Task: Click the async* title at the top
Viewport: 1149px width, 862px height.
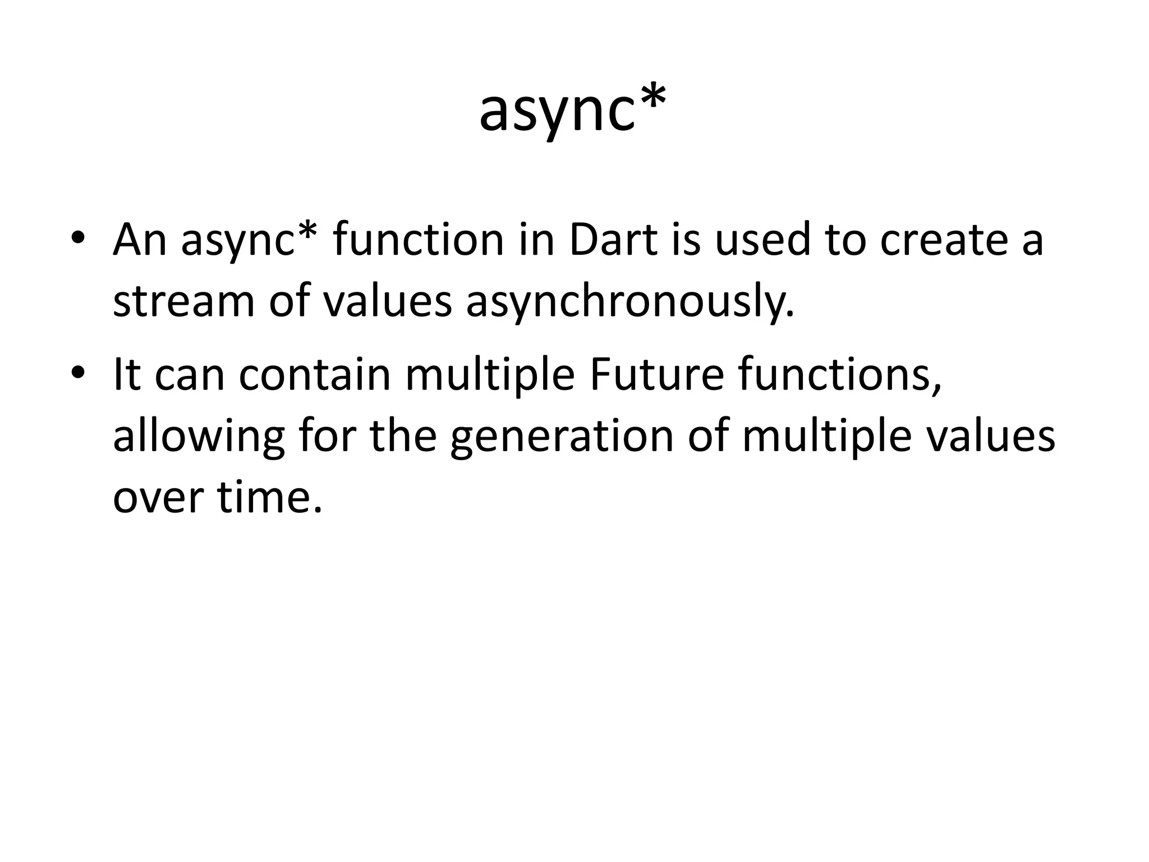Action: coord(573,112)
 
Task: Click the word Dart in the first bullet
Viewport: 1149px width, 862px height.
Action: coord(613,240)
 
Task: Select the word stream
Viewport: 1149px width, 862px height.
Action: coord(184,302)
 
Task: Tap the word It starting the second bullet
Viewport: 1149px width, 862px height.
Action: coord(126,375)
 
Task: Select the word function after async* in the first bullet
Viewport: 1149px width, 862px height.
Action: coord(419,240)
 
